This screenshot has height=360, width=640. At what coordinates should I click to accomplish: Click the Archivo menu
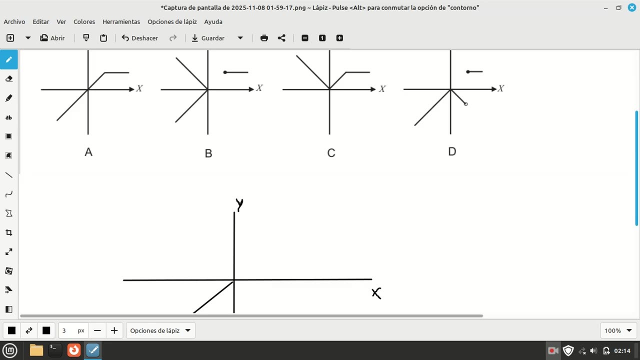pyautogui.click(x=14, y=21)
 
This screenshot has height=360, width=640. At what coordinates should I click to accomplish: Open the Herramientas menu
pyautogui.click(x=121, y=21)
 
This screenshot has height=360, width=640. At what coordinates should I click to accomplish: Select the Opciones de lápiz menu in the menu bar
pyautogui.click(x=172, y=21)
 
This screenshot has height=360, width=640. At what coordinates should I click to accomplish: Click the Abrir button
pyautogui.click(x=52, y=38)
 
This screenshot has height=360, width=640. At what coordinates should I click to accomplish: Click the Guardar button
pyautogui.click(x=208, y=38)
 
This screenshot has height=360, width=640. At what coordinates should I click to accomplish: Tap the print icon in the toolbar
pyautogui.click(x=264, y=38)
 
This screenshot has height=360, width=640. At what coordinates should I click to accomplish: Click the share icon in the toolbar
pyautogui.click(x=281, y=38)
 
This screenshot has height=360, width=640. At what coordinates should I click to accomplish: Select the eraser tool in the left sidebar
pyautogui.click(x=8, y=79)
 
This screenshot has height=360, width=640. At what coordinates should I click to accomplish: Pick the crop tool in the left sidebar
pyautogui.click(x=8, y=232)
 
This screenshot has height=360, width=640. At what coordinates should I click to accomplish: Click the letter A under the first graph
pyautogui.click(x=88, y=152)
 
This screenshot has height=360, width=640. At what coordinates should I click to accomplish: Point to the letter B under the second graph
pyautogui.click(x=208, y=153)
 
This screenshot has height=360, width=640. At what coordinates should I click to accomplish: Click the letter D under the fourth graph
pyautogui.click(x=452, y=151)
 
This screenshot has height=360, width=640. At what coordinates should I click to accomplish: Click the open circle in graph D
pyautogui.click(x=466, y=104)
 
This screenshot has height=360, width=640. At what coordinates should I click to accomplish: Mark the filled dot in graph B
pyautogui.click(x=225, y=72)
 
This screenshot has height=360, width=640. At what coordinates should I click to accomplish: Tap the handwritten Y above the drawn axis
pyautogui.click(x=239, y=204)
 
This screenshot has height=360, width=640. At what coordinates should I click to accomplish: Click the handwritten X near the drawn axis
pyautogui.click(x=376, y=293)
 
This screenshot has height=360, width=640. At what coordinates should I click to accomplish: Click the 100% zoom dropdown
pyautogui.click(x=618, y=330)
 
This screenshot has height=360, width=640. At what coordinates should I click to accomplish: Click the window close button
pyautogui.click(x=631, y=7)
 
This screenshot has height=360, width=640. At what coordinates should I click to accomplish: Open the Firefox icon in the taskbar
pyautogui.click(x=74, y=350)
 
